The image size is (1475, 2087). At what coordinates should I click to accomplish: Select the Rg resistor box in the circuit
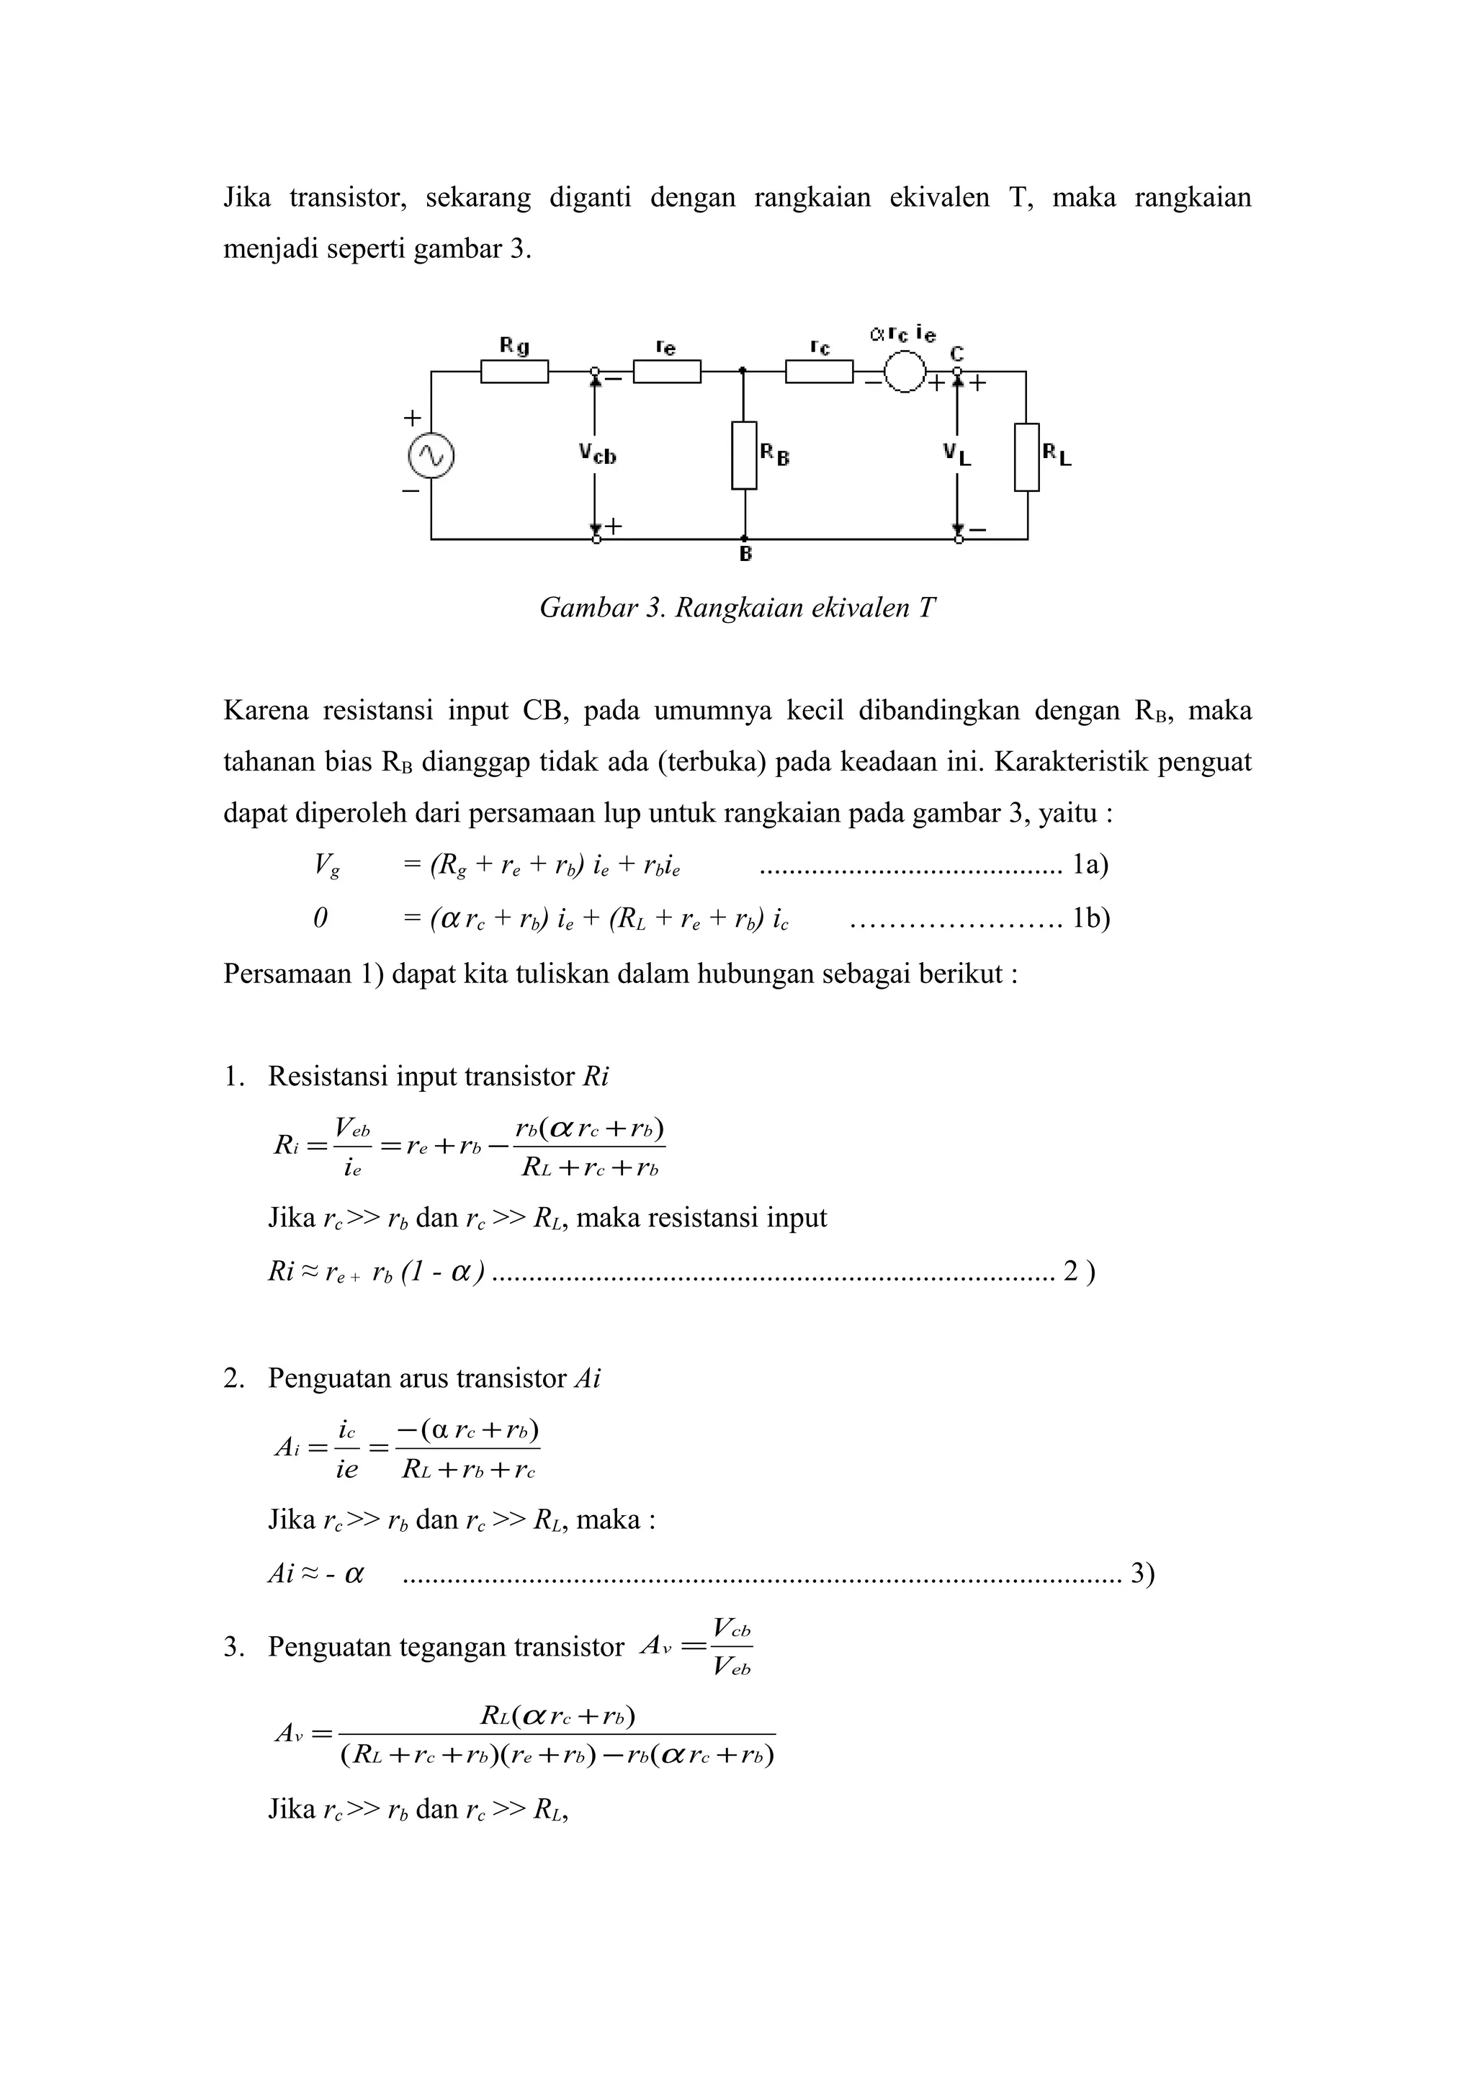click(x=514, y=372)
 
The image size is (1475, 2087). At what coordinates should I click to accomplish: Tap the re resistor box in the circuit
click(x=666, y=372)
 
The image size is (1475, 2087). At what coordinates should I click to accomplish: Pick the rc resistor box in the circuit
click(x=819, y=372)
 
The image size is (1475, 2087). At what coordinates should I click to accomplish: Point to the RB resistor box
click(x=744, y=455)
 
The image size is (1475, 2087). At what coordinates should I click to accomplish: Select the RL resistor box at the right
click(x=1027, y=457)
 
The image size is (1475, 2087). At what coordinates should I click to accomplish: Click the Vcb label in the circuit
click(x=597, y=454)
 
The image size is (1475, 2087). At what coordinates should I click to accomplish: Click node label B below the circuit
click(x=745, y=554)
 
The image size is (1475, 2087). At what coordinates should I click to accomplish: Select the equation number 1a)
click(x=1090, y=863)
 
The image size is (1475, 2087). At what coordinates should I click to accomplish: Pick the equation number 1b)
click(x=1090, y=918)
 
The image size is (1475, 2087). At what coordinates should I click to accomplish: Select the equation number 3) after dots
click(x=1142, y=1574)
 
